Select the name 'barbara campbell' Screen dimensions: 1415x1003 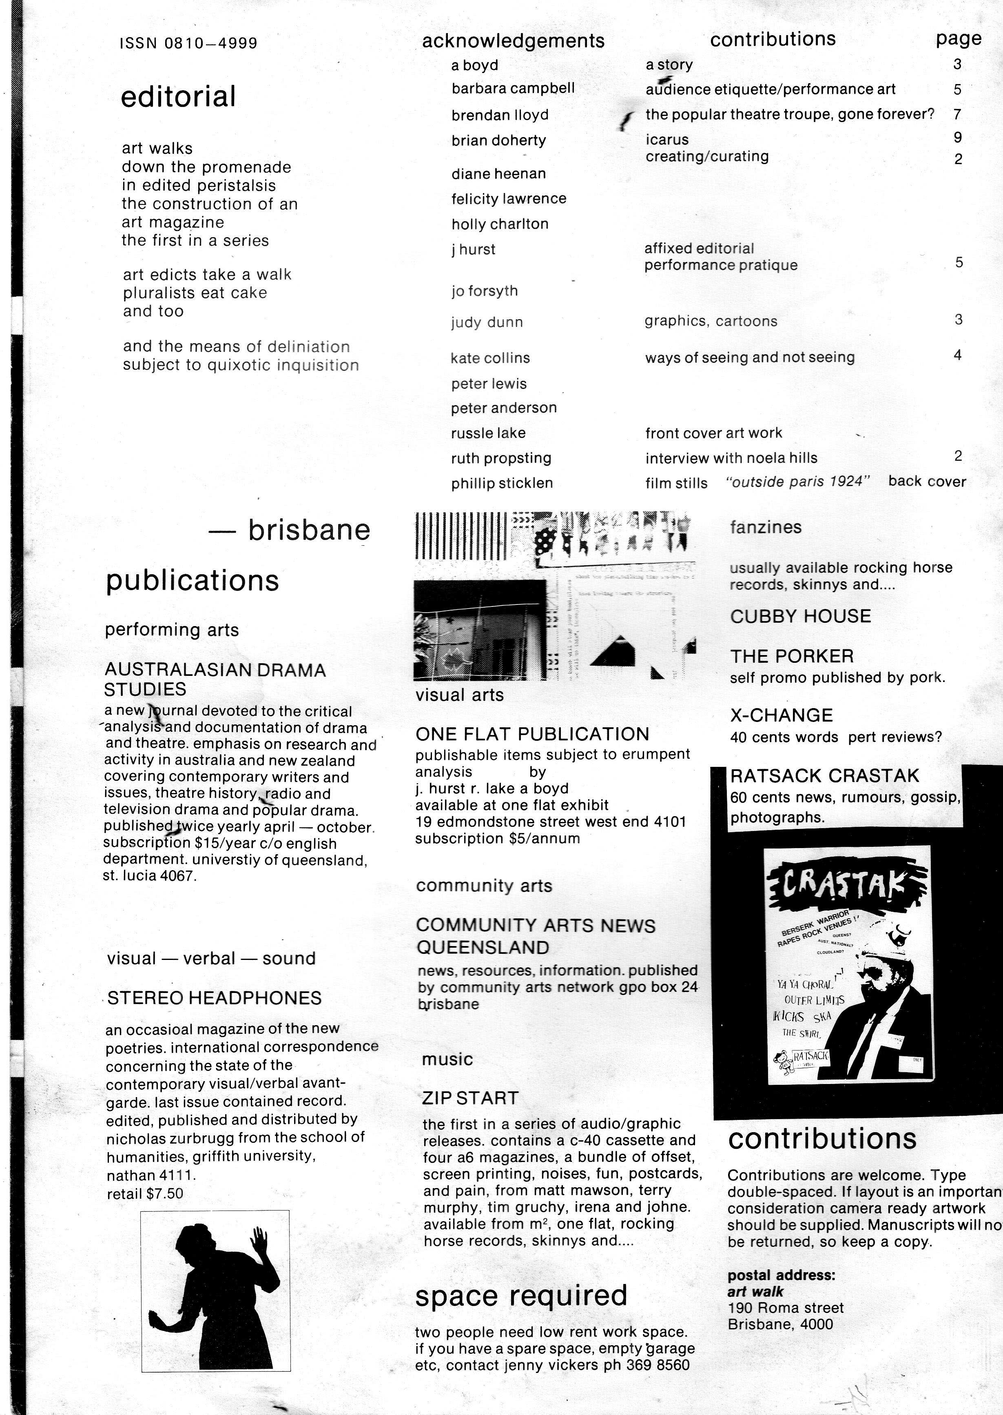(x=513, y=88)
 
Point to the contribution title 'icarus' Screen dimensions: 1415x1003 (x=667, y=140)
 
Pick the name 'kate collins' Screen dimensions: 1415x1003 (x=490, y=358)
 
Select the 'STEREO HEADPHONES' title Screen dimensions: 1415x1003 (x=214, y=998)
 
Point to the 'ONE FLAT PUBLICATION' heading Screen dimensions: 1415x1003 (x=532, y=734)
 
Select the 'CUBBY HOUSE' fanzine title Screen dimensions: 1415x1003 (x=800, y=616)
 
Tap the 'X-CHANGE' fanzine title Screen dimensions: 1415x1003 (x=781, y=715)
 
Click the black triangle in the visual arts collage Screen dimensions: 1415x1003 (x=615, y=651)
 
